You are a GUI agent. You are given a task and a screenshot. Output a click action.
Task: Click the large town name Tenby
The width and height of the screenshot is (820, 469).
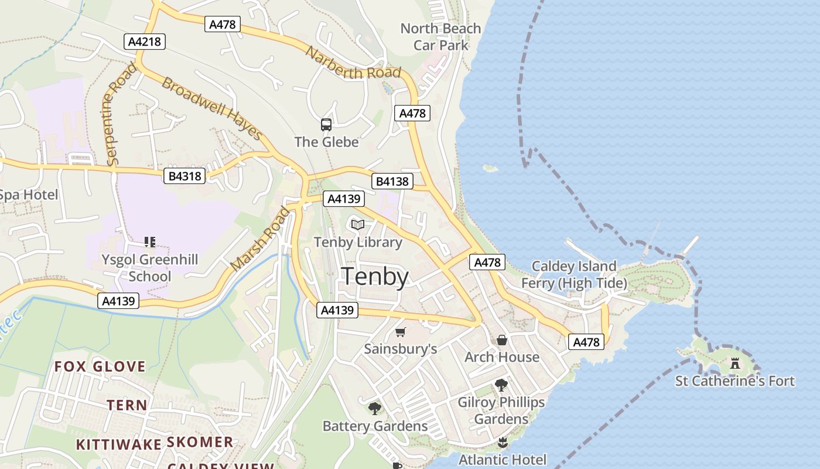coord(375,277)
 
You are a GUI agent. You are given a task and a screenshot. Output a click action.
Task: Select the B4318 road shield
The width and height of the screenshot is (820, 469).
coord(185,176)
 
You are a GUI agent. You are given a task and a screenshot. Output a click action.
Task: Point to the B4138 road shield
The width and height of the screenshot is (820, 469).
coord(392,181)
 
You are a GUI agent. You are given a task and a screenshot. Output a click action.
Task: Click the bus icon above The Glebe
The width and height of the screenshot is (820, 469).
coord(326,125)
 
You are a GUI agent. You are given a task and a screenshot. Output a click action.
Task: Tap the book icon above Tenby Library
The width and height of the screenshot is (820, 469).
coord(358,225)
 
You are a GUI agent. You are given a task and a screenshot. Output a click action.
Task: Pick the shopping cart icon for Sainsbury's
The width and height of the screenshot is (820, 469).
coord(401,332)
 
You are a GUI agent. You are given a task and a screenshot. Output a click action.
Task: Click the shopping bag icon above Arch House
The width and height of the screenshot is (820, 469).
coord(502,340)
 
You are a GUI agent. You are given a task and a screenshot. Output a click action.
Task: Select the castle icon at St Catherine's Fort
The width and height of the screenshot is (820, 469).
coord(735,363)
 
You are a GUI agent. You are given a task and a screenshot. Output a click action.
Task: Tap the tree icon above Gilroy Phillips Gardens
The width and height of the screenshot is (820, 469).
coord(501,385)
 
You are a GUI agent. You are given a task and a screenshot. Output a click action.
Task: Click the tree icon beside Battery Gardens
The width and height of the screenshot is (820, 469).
coord(375,409)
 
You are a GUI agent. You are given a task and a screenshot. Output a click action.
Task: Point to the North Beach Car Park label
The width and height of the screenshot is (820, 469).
coord(440,36)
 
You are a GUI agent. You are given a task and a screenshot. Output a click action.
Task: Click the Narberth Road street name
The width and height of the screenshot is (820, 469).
coord(353,63)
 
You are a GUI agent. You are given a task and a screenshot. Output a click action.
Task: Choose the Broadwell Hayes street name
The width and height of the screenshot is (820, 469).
coord(211,108)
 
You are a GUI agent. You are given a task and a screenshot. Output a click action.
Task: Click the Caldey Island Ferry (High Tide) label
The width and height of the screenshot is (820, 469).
coord(574,275)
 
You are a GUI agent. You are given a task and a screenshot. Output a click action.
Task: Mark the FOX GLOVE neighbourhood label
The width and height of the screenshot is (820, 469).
coord(100,367)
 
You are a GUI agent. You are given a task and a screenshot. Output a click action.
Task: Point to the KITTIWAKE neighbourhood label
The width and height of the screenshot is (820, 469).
coord(118,444)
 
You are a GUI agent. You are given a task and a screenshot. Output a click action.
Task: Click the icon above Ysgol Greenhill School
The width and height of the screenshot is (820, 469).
coord(149,242)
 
